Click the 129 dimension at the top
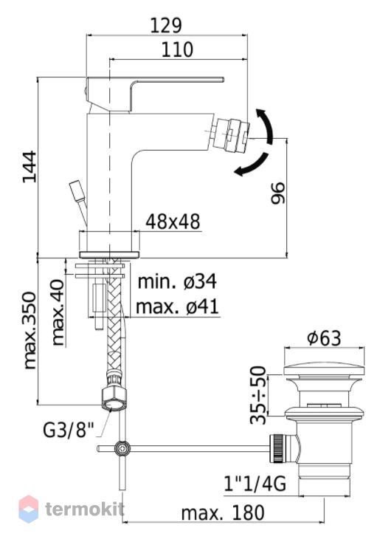pyautogui.click(x=166, y=25)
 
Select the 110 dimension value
pyautogui.click(x=178, y=49)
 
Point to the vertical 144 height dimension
pyautogui.click(x=29, y=167)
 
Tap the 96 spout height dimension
pyautogui.click(x=277, y=193)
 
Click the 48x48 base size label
pyautogui.click(x=173, y=222)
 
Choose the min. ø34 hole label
pyautogui.click(x=177, y=281)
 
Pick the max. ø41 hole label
pyautogui.click(x=178, y=306)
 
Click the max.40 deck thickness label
pyautogui.click(x=58, y=312)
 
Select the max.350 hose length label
pyautogui.click(x=30, y=331)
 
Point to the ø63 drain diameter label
pyautogui.click(x=324, y=337)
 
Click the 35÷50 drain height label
pyautogui.click(x=258, y=395)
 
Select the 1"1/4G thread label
pyautogui.click(x=255, y=484)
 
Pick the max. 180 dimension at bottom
pyautogui.click(x=223, y=513)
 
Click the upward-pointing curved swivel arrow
pyautogui.click(x=266, y=125)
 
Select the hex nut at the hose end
pyautogui.click(x=114, y=399)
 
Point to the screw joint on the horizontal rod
pyautogui.click(x=122, y=448)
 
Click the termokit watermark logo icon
pyautogui.click(x=28, y=509)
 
